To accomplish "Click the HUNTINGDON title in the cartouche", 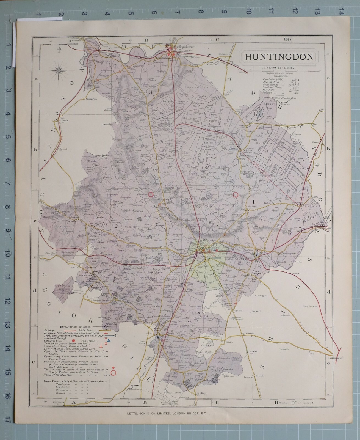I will click(279, 57).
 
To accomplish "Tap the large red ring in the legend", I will click(113, 373).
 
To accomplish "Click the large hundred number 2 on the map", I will click(116, 226).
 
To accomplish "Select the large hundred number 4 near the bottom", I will click(189, 320).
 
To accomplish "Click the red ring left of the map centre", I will click(151, 194).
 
